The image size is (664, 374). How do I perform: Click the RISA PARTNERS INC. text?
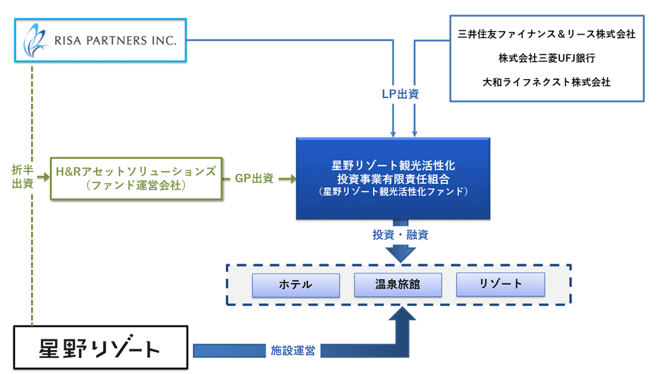click(x=115, y=40)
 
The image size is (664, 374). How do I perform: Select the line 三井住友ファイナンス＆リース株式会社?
click(x=547, y=34)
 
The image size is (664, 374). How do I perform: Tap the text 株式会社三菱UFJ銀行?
click(x=547, y=58)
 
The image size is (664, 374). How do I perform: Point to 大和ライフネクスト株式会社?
click(x=547, y=82)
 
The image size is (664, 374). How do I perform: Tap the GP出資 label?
click(x=254, y=178)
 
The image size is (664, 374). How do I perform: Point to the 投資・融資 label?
click(x=401, y=235)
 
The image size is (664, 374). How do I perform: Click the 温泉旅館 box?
click(x=398, y=284)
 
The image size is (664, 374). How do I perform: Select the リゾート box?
click(x=500, y=284)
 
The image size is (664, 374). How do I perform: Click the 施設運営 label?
click(x=293, y=350)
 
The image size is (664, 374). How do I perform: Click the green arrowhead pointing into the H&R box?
click(x=46, y=178)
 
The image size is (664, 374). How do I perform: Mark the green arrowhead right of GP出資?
click(x=290, y=178)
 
